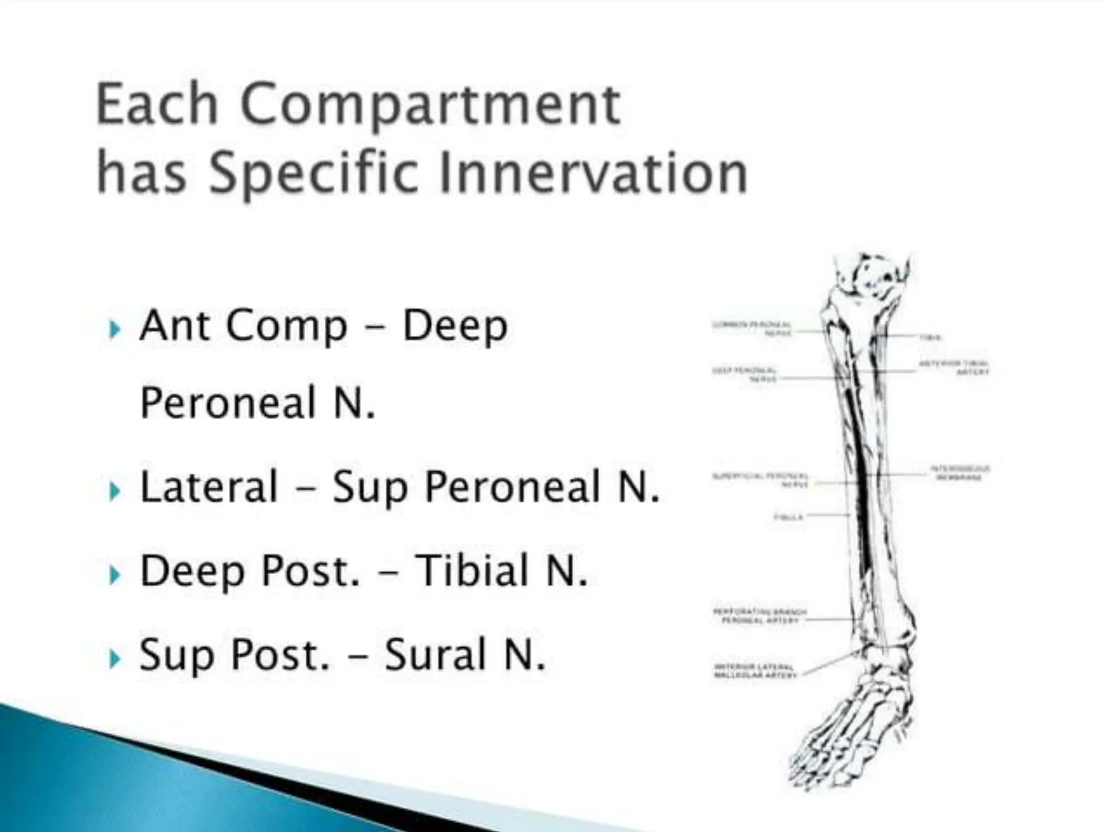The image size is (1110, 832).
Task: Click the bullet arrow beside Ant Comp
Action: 114,329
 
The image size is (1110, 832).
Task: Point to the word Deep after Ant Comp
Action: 454,327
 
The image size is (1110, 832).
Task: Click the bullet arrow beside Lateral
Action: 114,491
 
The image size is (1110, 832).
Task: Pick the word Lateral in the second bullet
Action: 209,486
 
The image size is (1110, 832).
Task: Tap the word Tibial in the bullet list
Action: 472,570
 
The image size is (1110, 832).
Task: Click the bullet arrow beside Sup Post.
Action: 114,660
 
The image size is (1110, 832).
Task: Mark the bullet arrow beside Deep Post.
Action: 114,575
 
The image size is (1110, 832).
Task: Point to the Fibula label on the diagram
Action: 788,517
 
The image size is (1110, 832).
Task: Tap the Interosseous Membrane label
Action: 960,473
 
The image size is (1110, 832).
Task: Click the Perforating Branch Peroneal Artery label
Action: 759,616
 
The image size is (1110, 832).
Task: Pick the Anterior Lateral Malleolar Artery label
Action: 756,671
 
